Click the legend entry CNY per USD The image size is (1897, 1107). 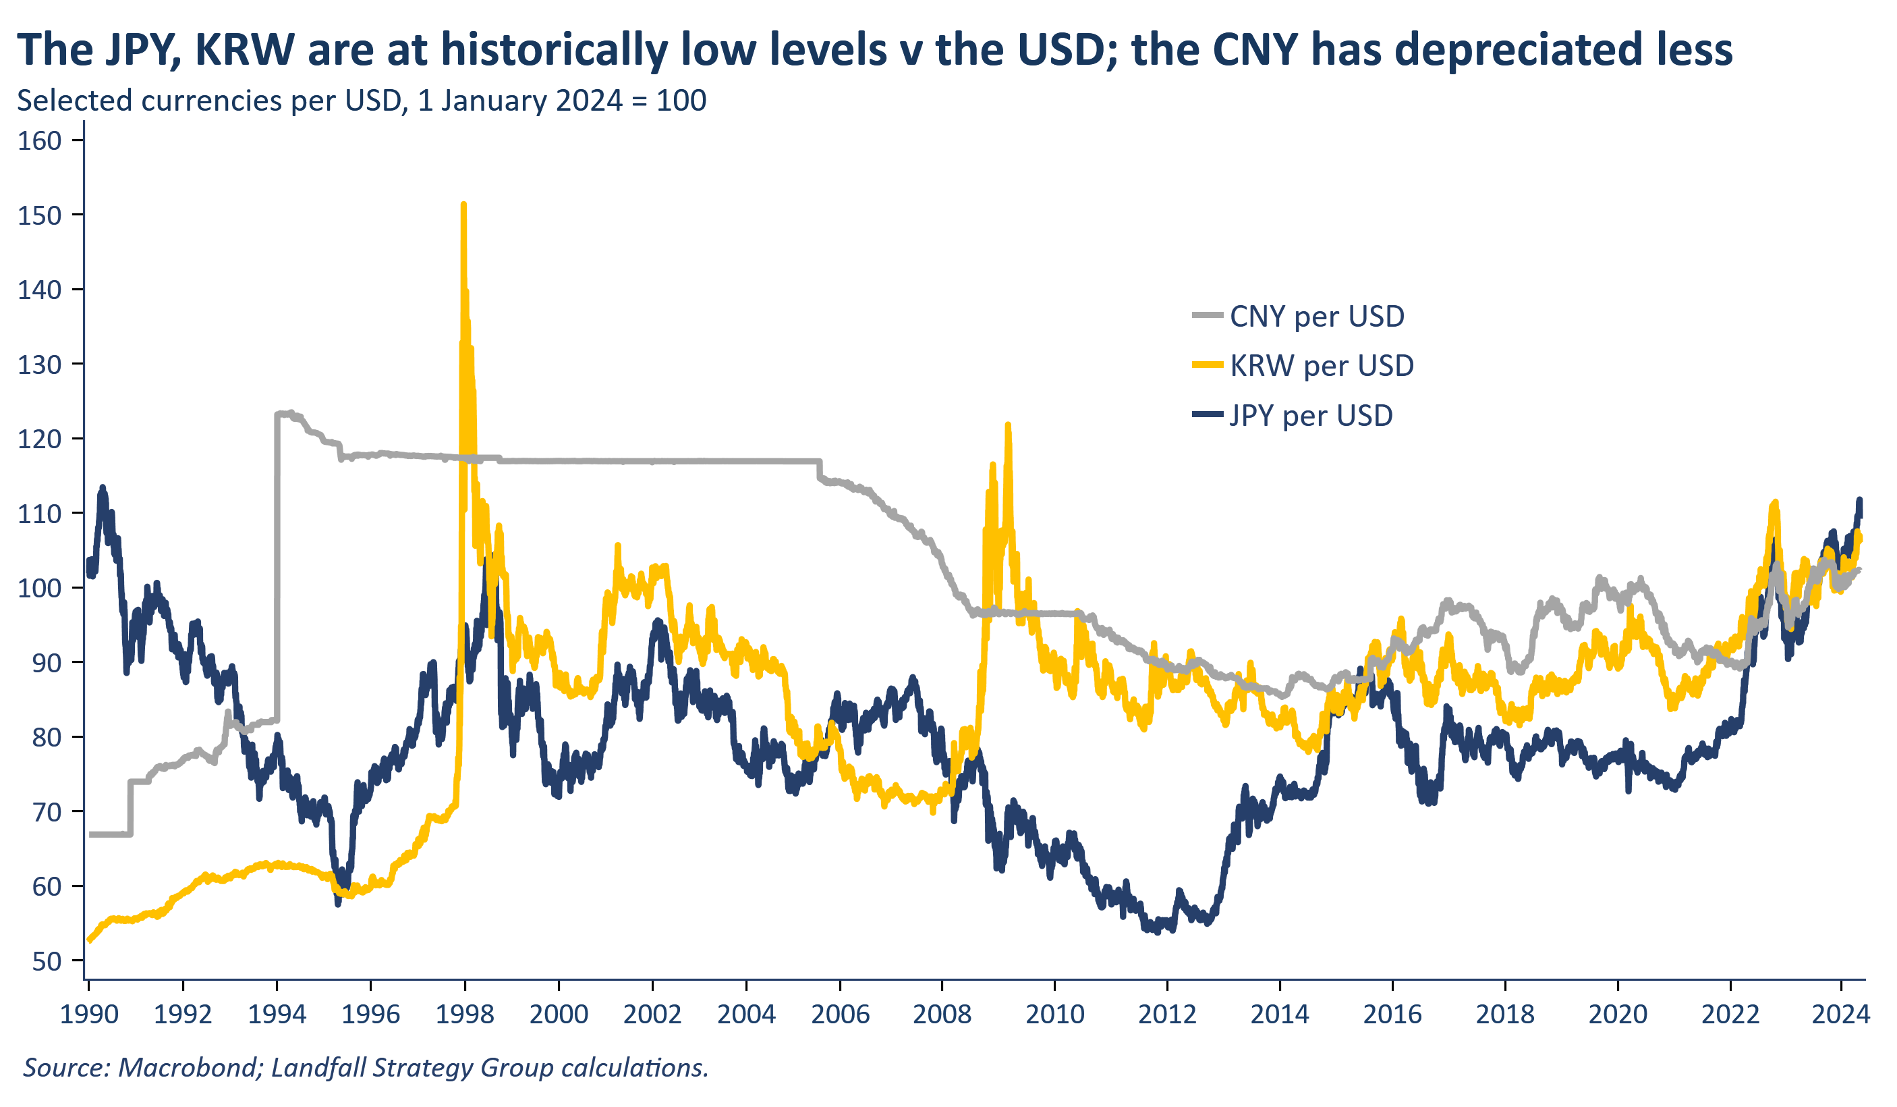pyautogui.click(x=1316, y=317)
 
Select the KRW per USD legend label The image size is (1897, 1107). pyautogui.click(x=1321, y=367)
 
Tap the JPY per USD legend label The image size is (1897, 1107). pyautogui.click(x=1311, y=416)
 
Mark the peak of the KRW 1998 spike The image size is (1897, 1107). pyautogui.click(x=463, y=205)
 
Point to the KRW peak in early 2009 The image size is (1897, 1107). pyautogui.click(x=1008, y=425)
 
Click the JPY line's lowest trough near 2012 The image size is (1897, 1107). pyautogui.click(x=1157, y=932)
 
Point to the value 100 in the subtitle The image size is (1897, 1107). pyautogui.click(x=681, y=101)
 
